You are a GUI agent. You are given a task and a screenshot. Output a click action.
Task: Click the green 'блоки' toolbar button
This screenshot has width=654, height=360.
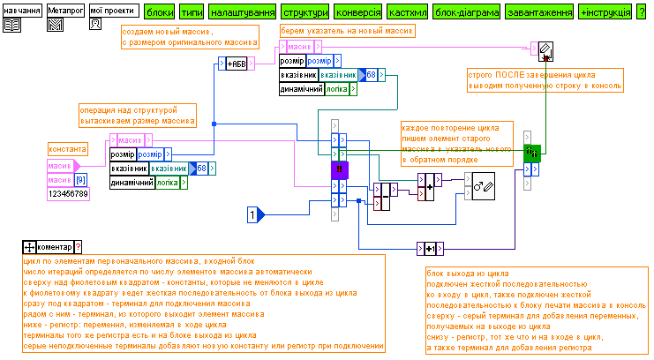click(x=159, y=14)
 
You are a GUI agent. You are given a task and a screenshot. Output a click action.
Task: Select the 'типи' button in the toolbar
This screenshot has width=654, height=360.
click(x=191, y=14)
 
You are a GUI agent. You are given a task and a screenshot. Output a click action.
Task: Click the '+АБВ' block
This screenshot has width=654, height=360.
click(x=237, y=64)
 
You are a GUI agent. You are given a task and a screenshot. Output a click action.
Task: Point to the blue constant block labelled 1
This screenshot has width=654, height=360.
click(x=253, y=214)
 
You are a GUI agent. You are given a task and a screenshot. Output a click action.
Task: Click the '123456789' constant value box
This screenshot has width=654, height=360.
click(x=68, y=193)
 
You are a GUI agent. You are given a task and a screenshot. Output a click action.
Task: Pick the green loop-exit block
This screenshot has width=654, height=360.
click(x=531, y=152)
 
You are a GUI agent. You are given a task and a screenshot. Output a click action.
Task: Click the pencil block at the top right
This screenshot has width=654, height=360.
click(x=545, y=49)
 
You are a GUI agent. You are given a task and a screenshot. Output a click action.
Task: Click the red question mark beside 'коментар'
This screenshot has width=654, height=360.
click(x=78, y=247)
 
